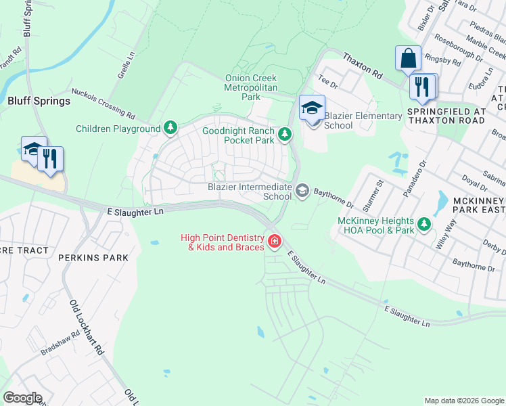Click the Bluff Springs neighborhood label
(x=39, y=101)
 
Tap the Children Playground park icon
(x=171, y=128)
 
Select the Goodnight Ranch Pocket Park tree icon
(x=285, y=135)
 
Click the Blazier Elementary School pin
(x=312, y=109)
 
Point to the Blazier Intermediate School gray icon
(x=302, y=191)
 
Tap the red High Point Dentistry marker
(x=274, y=241)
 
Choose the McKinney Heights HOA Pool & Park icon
(x=424, y=223)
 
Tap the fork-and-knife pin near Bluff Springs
(x=51, y=159)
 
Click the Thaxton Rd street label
(x=363, y=65)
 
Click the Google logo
(x=22, y=398)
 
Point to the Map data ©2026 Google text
(x=463, y=401)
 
